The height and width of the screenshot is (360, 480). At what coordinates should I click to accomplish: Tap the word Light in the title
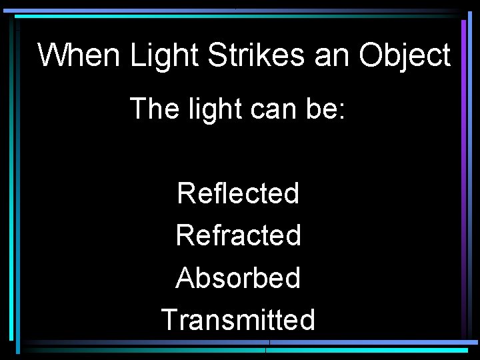164,55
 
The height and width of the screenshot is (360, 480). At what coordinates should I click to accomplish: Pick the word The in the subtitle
151,108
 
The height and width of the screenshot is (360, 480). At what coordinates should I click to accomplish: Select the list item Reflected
238,194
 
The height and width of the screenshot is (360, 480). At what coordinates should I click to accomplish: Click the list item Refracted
238,235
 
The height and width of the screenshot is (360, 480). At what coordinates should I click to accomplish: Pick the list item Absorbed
238,278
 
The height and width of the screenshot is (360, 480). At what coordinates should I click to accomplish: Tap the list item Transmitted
238,320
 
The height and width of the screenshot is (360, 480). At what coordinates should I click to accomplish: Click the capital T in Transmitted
169,320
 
